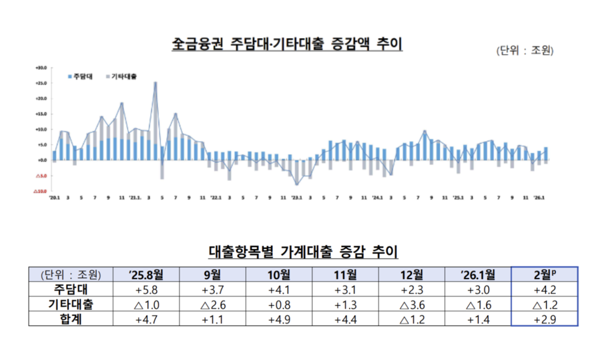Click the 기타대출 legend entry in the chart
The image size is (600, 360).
(121, 77)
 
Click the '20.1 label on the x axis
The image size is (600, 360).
(55, 198)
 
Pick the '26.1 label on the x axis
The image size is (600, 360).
(538, 198)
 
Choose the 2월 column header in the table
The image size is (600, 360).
(545, 274)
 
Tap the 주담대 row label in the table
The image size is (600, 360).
(70, 289)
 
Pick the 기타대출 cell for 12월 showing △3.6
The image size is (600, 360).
(412, 304)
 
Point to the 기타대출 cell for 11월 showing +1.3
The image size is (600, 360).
(346, 304)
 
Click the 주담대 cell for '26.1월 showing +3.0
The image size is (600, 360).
(478, 289)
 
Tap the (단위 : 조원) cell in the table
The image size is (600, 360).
(70, 274)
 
